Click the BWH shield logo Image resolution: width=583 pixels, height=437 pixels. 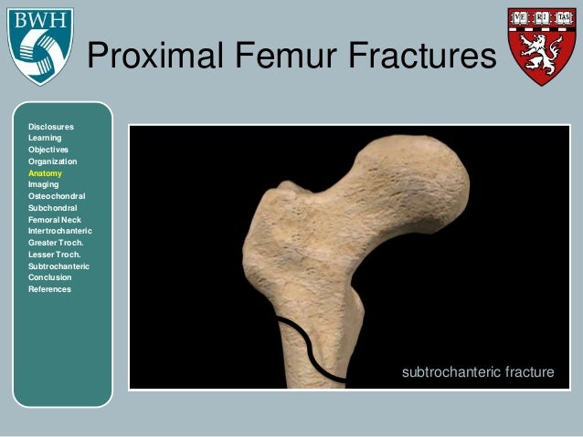39,46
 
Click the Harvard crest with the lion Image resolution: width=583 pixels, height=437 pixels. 542,45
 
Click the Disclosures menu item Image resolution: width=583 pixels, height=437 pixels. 51,126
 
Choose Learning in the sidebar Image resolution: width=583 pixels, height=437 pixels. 45,138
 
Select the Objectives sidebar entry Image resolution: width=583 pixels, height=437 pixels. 48,150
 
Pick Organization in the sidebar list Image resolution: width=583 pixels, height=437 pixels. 53,161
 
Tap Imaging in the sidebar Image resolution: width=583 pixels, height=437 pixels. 44,184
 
